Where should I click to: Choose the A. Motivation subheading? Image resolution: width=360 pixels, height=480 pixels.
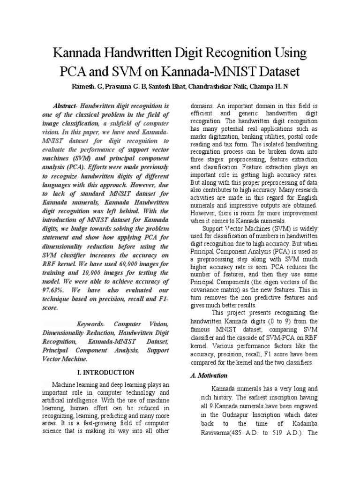[x=209, y=375]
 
